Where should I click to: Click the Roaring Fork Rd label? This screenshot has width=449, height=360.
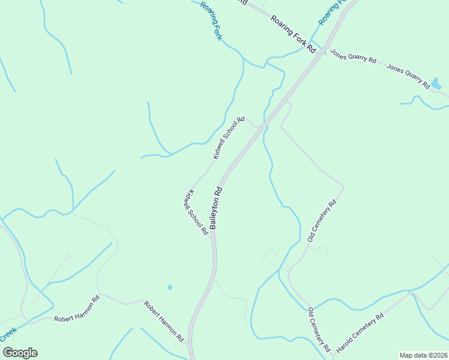pos(293,35)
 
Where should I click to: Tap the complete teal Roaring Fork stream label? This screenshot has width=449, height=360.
pos(212,21)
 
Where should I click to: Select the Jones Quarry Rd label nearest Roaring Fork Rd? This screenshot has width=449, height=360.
pos(353,56)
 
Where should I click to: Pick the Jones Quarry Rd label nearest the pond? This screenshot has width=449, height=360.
pos(408,76)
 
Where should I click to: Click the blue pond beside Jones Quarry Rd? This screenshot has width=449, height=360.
pos(436,83)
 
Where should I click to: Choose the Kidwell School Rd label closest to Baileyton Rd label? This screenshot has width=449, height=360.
pos(196,212)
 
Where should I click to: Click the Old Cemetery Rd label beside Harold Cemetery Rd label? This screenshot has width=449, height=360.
pos(319,329)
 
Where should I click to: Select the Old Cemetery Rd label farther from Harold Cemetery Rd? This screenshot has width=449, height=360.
pos(322,221)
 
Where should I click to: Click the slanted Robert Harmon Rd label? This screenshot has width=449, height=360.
pos(163,321)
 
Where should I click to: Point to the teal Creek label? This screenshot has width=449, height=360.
pos(8,334)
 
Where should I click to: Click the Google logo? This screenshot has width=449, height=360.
pos(20,353)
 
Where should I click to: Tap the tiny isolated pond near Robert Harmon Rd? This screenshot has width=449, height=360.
pos(170,287)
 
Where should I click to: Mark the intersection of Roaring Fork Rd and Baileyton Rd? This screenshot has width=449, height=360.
pos(325,49)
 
